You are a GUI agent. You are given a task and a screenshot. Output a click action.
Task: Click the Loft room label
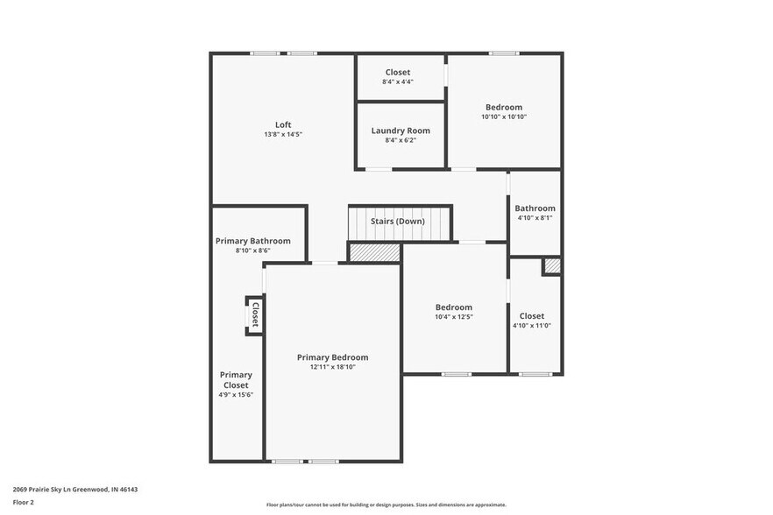[x=283, y=124]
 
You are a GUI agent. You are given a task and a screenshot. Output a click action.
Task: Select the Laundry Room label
[x=401, y=131]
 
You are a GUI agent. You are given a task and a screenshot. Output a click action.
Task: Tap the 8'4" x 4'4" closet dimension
[x=397, y=81]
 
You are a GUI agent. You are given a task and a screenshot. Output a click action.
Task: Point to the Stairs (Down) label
[x=397, y=222]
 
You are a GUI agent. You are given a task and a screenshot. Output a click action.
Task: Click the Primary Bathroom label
[x=252, y=241]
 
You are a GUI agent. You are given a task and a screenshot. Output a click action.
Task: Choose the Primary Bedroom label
[x=332, y=357]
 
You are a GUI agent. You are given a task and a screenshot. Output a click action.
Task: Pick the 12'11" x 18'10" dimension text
[x=332, y=367]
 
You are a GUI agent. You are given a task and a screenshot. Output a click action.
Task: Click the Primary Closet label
[x=236, y=380]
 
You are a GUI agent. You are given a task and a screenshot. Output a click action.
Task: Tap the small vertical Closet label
[x=255, y=314]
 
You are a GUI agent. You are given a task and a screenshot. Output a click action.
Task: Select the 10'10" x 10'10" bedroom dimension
[x=504, y=116]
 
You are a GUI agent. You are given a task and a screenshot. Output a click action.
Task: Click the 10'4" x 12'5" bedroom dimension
[x=454, y=317]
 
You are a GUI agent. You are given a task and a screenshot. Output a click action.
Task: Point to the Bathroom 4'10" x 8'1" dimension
[x=535, y=218]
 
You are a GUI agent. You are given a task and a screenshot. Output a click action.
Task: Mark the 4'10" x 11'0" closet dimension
[x=531, y=326]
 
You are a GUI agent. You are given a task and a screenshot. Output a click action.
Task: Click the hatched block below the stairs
[x=374, y=252]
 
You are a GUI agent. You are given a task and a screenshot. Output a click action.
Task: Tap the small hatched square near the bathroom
[x=551, y=266]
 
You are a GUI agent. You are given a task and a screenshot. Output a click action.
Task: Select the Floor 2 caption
[x=24, y=503]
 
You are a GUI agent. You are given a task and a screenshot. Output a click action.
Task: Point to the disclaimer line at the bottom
[x=386, y=505]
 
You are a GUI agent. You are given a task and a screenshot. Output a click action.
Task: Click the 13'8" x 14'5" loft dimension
[x=283, y=134]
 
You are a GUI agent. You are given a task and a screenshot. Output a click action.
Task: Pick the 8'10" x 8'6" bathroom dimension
[x=252, y=250]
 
